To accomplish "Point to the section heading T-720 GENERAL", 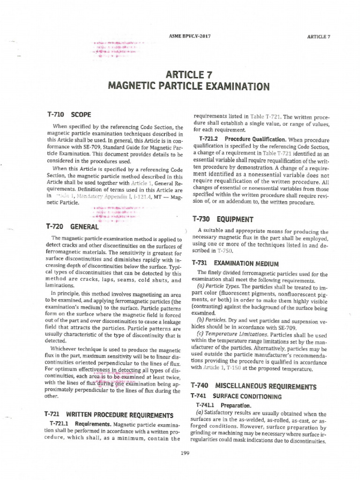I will pos(72,227).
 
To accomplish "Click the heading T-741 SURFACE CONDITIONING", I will pos(238,397).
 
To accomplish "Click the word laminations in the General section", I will pos(60,285).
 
